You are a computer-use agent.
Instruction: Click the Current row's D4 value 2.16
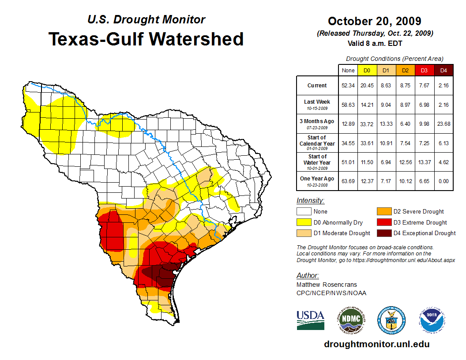point(443,86)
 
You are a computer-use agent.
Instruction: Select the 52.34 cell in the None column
point(348,86)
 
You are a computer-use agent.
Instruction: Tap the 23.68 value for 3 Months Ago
point(443,124)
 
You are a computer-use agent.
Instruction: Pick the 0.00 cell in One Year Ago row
point(443,181)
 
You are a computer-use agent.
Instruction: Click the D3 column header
point(424,71)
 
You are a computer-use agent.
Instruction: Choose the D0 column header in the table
point(367,71)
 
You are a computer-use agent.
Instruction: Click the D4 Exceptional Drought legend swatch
point(383,233)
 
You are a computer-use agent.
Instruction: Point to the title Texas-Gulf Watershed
point(146,39)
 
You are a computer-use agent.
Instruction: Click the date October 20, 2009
point(374,21)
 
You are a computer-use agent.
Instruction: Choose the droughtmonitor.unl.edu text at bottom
point(376,344)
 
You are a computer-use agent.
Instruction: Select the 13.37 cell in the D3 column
point(424,162)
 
